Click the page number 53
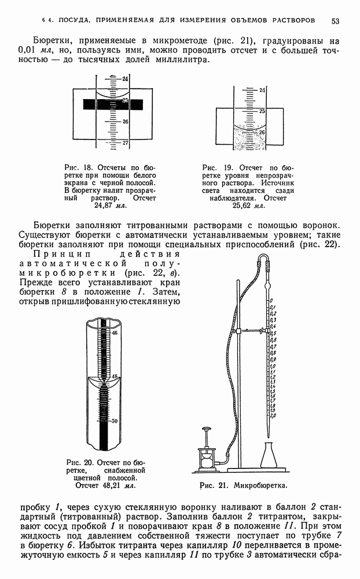pyautogui.click(x=335, y=21)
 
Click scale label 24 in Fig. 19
pyautogui.click(x=262, y=90)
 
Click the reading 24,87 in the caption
pyautogui.click(x=103, y=205)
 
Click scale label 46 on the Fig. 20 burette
pyautogui.click(x=114, y=333)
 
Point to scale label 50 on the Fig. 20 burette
pyautogui.click(x=114, y=420)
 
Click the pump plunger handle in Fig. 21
pyautogui.click(x=205, y=430)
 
